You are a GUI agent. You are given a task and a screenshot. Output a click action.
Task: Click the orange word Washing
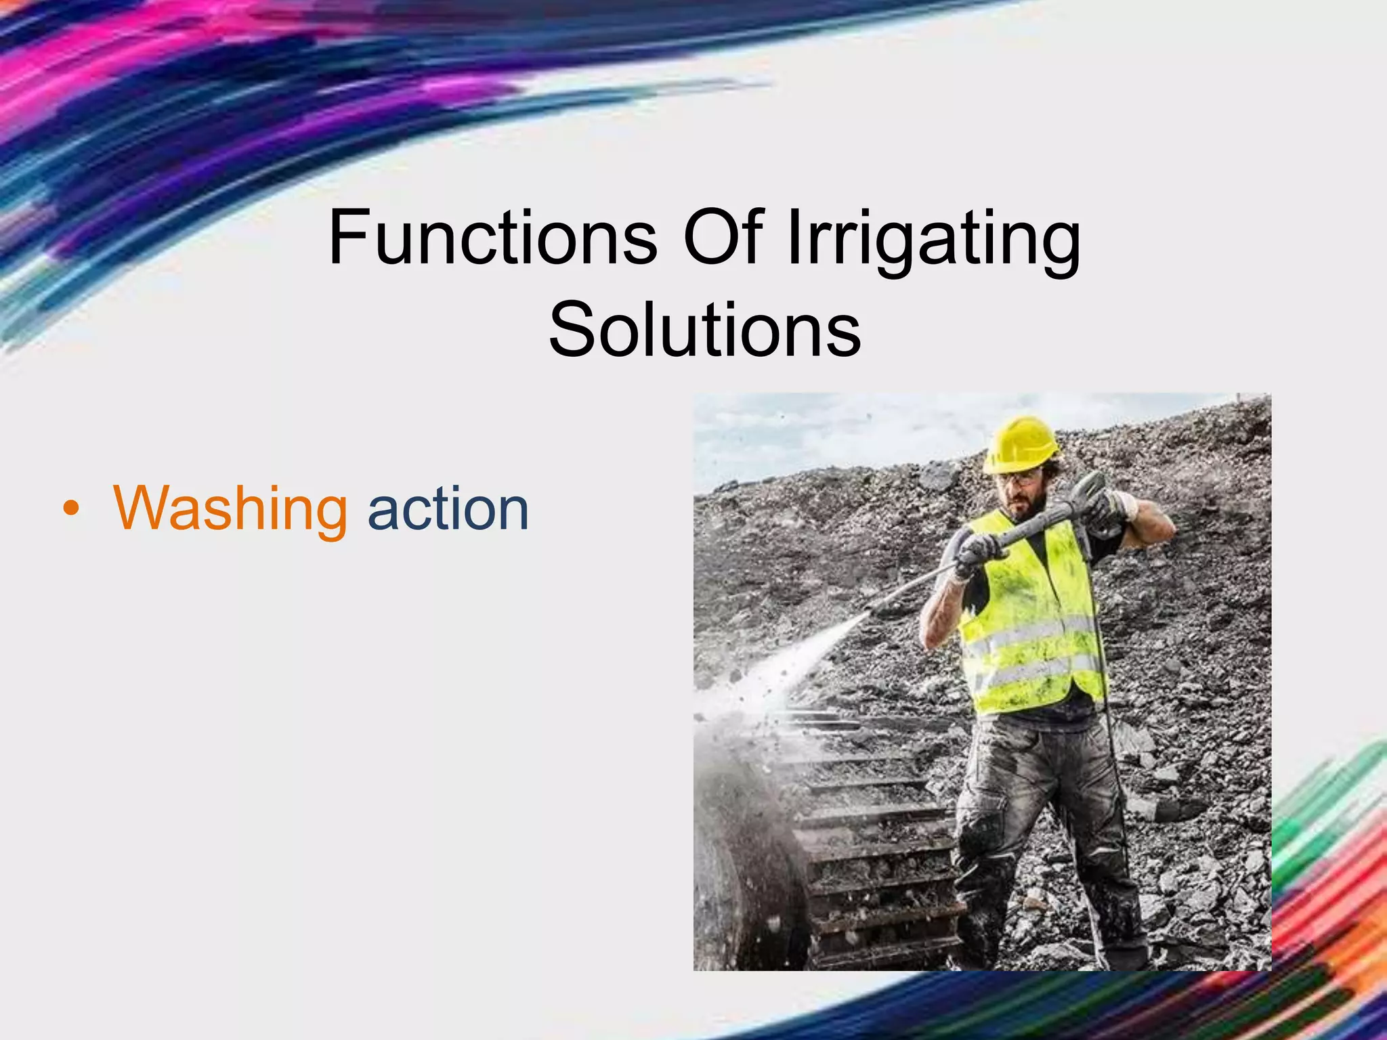(x=230, y=509)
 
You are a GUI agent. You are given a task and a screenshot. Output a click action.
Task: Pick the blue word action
(x=448, y=509)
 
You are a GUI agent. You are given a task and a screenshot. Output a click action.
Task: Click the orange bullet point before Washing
(x=70, y=510)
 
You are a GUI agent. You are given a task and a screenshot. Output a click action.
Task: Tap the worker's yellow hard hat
(x=1021, y=443)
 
